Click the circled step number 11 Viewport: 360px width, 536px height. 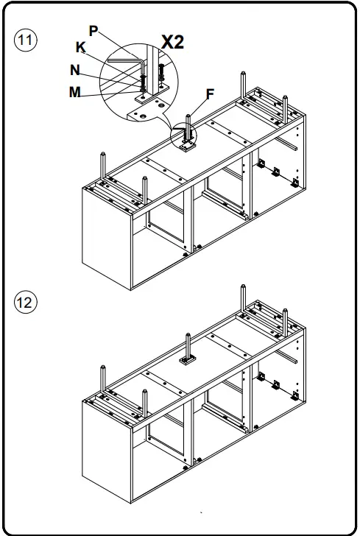pyautogui.click(x=25, y=40)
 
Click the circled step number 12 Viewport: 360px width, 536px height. pyautogui.click(x=25, y=303)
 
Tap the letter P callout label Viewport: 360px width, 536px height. pyautogui.click(x=93, y=31)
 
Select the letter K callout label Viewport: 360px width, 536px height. pyautogui.click(x=81, y=47)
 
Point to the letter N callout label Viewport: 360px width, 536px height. pyautogui.click(x=75, y=71)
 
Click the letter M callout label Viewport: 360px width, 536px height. pyautogui.click(x=75, y=92)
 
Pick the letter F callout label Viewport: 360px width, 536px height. pyautogui.click(x=210, y=94)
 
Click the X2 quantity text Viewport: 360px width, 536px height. pyautogui.click(x=173, y=43)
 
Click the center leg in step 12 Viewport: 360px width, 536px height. pyautogui.click(x=188, y=346)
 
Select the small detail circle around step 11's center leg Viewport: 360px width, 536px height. pyautogui.click(x=184, y=135)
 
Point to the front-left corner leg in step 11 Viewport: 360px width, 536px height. pyautogui.click(x=145, y=190)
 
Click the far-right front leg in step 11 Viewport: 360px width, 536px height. pyautogui.click(x=285, y=110)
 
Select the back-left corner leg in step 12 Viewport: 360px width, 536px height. pyautogui.click(x=102, y=378)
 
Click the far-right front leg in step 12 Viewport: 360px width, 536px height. pyautogui.click(x=285, y=322)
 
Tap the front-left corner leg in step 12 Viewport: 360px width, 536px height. pyautogui.click(x=145, y=403)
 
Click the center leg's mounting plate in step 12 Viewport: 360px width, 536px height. pyautogui.click(x=188, y=360)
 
